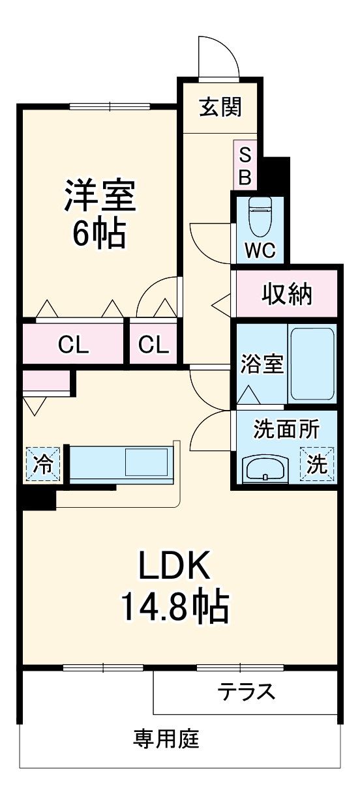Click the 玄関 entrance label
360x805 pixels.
pyautogui.click(x=220, y=106)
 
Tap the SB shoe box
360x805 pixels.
pyautogui.click(x=245, y=166)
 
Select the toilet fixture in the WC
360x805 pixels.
pyautogui.click(x=260, y=216)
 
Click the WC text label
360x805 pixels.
pyautogui.click(x=260, y=251)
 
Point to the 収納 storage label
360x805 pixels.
pyautogui.click(x=287, y=295)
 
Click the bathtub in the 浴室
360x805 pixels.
pyautogui.click(x=312, y=363)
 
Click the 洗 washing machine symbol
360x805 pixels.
pyautogui.click(x=316, y=465)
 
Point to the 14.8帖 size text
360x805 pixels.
pyautogui.click(x=173, y=607)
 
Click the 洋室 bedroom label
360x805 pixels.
pyautogui.click(x=99, y=195)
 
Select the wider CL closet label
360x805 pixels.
pyautogui.click(x=73, y=345)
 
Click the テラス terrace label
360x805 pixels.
pyautogui.click(x=246, y=692)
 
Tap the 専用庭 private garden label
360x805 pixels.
pyautogui.click(x=166, y=739)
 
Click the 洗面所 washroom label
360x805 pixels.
pyautogui.click(x=286, y=430)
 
